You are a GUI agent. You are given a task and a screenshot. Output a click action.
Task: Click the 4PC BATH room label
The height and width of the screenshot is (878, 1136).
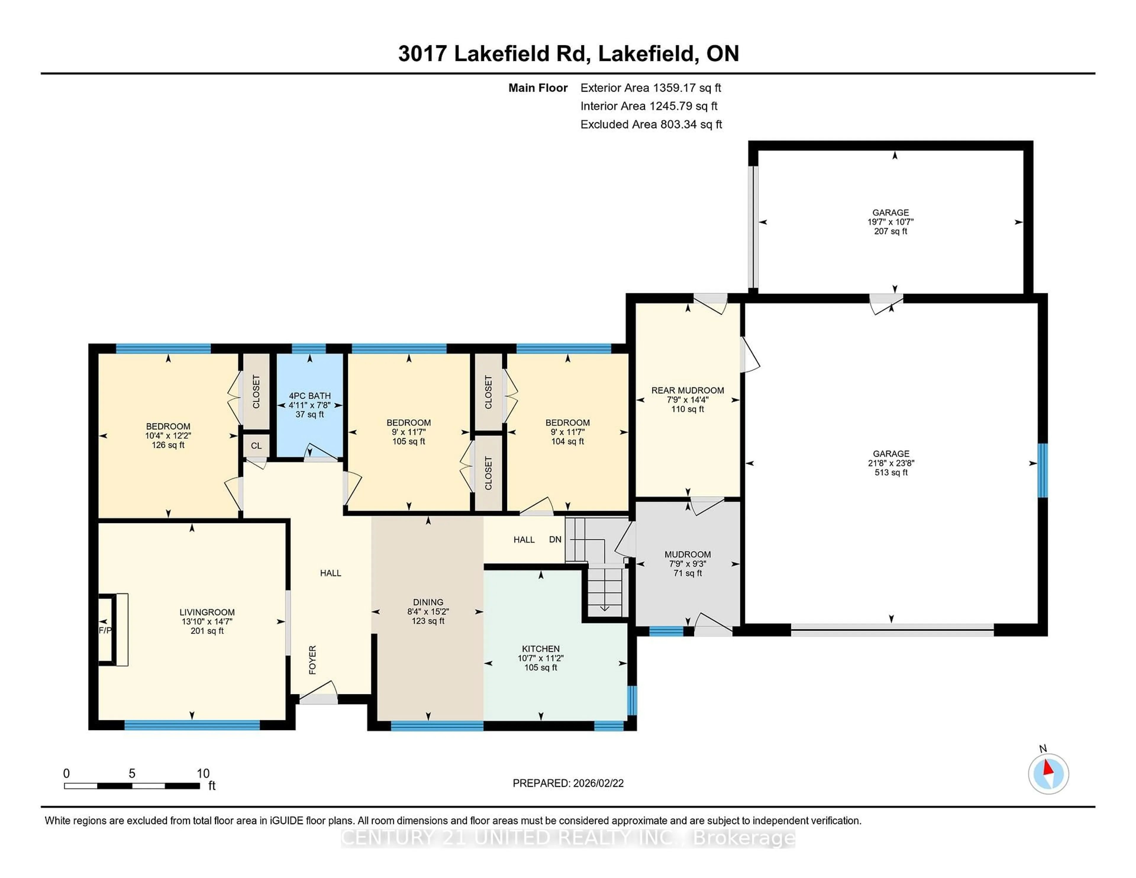(309, 396)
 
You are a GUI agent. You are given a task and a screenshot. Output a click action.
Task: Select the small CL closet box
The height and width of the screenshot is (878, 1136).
(256, 446)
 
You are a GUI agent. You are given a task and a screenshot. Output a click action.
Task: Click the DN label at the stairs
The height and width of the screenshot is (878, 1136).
(555, 539)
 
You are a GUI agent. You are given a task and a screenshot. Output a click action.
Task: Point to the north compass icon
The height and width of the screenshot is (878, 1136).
(1048, 774)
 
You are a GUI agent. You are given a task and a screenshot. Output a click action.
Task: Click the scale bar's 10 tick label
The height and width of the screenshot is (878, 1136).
(203, 774)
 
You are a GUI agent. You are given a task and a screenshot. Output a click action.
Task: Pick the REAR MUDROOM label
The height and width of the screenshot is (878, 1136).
(687, 390)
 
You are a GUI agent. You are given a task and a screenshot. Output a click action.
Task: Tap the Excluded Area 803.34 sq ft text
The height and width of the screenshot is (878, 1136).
(651, 124)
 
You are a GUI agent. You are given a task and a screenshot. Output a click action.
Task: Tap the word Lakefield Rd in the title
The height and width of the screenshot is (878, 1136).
(522, 54)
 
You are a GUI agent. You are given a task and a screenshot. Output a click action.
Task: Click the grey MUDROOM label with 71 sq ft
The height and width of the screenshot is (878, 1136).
(687, 554)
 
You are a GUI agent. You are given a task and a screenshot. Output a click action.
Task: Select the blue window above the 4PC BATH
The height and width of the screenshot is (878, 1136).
(309, 348)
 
